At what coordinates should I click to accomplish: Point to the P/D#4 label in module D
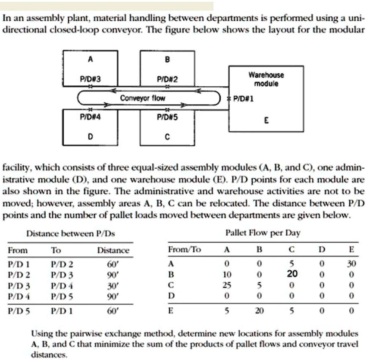click(x=90, y=117)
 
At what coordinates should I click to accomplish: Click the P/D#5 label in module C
click(x=167, y=117)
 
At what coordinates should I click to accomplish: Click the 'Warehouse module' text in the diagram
click(x=266, y=79)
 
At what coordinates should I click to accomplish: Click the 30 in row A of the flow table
click(x=351, y=263)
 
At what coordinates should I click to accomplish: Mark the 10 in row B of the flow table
click(x=227, y=274)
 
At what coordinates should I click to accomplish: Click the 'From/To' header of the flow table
click(x=184, y=250)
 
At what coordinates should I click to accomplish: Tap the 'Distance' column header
click(x=113, y=250)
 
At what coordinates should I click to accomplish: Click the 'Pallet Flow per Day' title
click(x=263, y=233)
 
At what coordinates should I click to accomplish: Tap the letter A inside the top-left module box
click(x=90, y=60)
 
